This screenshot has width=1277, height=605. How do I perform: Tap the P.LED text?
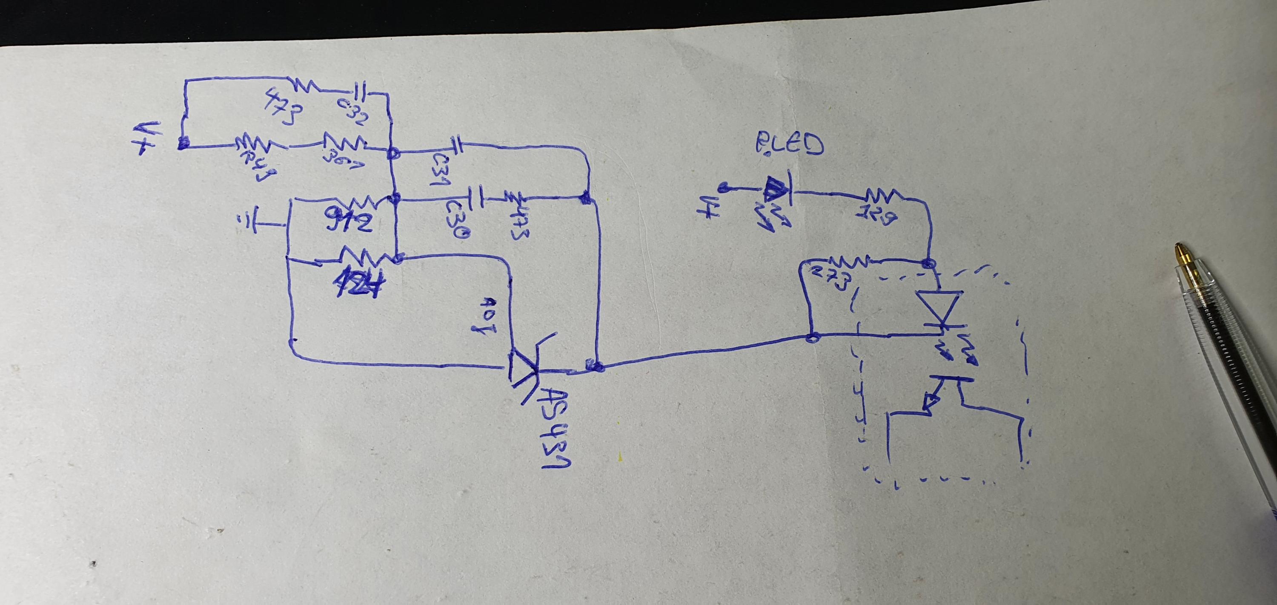point(789,146)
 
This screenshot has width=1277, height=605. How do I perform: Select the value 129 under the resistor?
point(876,216)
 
